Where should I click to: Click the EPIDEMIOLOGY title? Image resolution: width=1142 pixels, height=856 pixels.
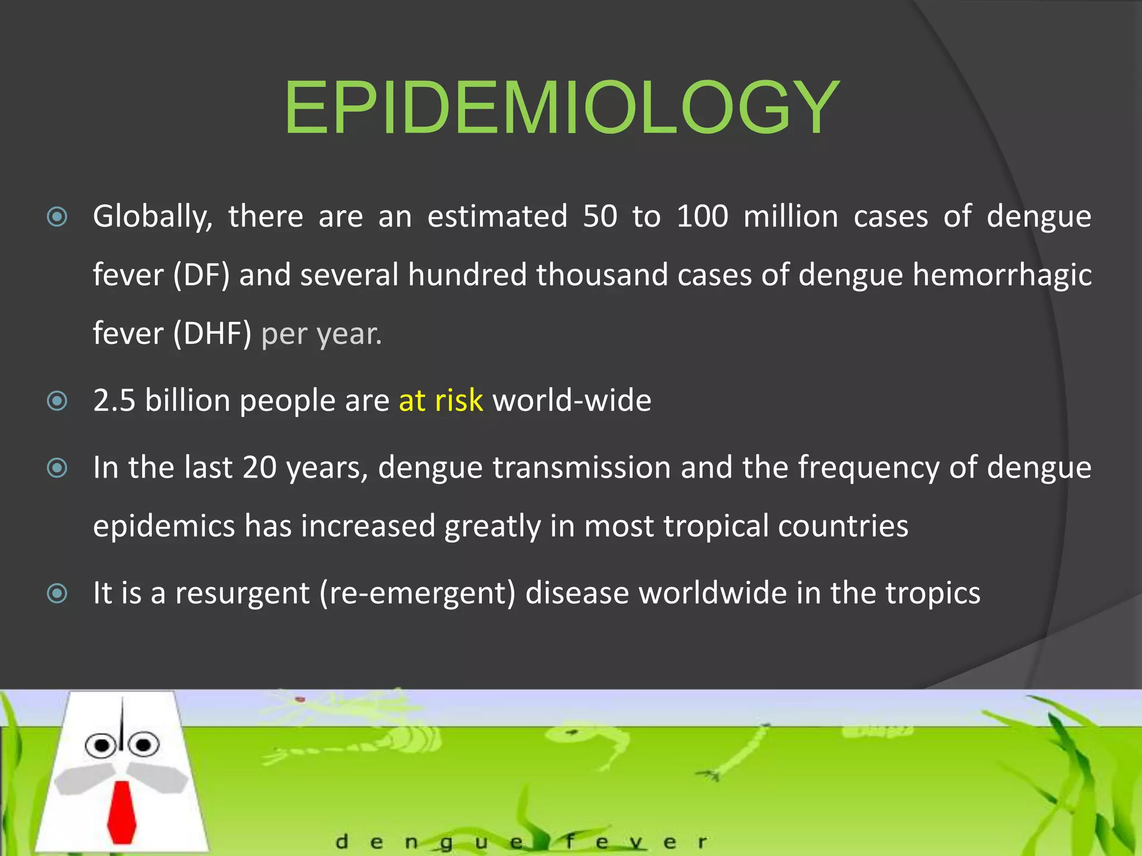[x=562, y=108]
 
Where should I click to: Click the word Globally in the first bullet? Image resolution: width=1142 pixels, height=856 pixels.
[x=152, y=217]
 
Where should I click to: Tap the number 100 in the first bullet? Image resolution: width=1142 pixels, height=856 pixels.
[x=702, y=216]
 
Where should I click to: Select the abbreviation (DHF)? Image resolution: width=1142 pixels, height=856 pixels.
[x=212, y=333]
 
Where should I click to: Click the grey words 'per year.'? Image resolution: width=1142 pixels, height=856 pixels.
[x=322, y=334]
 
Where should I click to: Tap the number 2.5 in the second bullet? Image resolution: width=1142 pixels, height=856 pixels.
[x=114, y=400]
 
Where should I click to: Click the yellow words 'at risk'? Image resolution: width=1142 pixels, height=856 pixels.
[x=441, y=400]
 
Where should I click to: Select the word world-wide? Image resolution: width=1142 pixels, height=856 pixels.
[x=572, y=400]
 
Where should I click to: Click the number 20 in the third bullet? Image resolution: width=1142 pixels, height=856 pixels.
[x=259, y=467]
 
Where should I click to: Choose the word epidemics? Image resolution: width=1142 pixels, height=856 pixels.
[x=164, y=526]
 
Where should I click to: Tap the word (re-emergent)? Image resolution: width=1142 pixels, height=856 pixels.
[x=418, y=592]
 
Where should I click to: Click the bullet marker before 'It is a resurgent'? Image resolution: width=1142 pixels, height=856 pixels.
[x=57, y=594]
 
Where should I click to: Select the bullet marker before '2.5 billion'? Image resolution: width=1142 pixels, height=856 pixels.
[x=57, y=401]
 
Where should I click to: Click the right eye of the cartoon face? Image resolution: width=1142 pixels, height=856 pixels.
[x=143, y=745]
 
